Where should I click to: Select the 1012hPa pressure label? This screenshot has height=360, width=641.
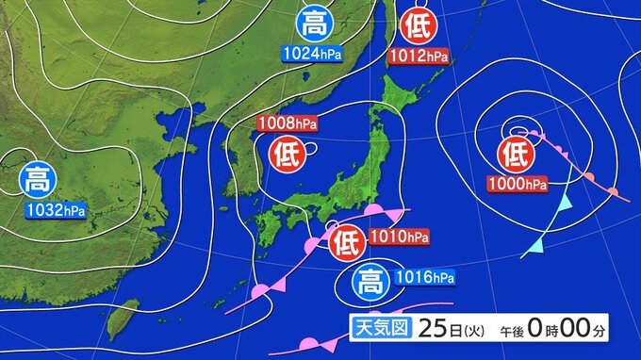pos(418,57)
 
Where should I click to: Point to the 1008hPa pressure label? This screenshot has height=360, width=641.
pos(288,123)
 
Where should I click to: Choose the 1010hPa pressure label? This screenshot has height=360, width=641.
pos(395,236)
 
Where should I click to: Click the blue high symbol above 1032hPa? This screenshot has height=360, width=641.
pos(41,177)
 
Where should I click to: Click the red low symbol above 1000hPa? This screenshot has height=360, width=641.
pos(516,152)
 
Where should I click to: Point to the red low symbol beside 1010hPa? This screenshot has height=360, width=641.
pos(346,242)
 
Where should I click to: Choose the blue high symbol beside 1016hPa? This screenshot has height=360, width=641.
pos(370,282)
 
